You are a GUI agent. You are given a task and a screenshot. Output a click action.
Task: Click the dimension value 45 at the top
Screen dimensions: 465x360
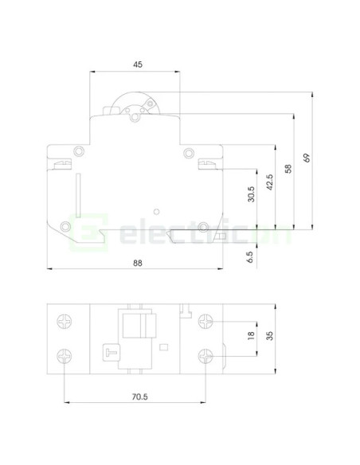[136, 64]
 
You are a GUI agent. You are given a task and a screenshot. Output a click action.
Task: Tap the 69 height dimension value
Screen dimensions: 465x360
[307, 157]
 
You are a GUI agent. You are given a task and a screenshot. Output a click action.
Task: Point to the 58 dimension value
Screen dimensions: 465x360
[288, 169]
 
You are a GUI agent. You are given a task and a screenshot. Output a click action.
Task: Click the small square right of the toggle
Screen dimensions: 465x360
[164, 346]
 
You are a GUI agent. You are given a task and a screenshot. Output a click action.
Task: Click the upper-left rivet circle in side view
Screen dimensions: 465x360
[78, 151]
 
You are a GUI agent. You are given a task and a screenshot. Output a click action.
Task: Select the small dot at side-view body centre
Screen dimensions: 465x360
[156, 212]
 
